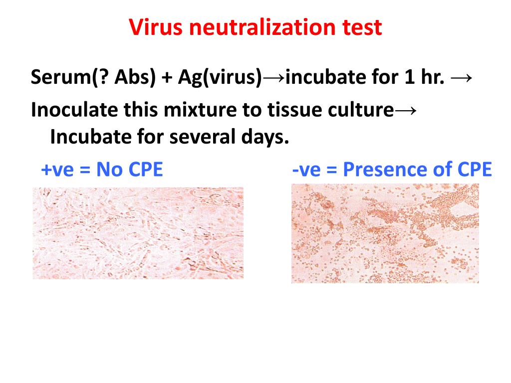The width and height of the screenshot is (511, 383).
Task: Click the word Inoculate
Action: click(74, 110)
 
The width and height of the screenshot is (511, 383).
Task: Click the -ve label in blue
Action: click(306, 170)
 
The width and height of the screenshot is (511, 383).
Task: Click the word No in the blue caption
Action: click(110, 170)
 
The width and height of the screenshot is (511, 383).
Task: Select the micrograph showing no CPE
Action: click(138, 233)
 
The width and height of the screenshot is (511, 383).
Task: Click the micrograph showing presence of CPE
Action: click(385, 233)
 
